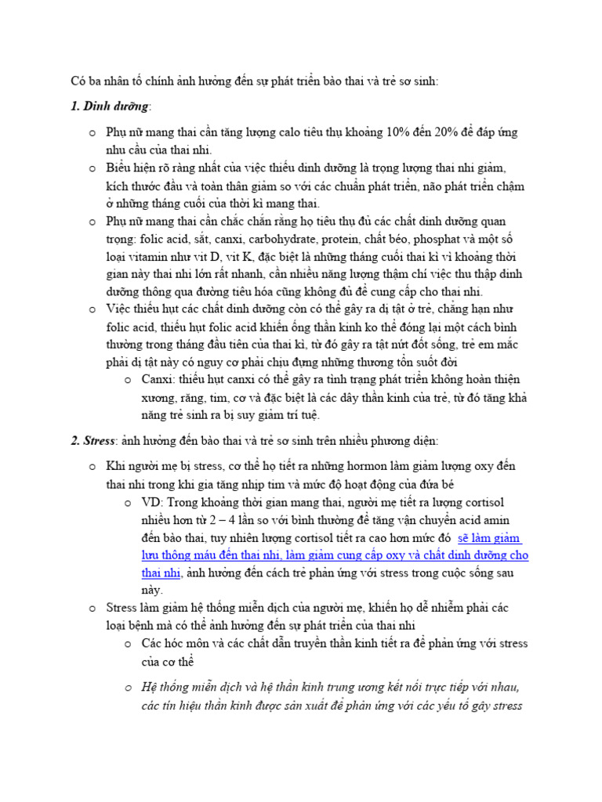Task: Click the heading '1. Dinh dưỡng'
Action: click(109, 107)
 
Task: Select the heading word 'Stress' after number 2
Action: click(99, 441)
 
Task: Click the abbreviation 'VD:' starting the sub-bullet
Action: click(153, 503)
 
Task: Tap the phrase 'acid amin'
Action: click(502, 521)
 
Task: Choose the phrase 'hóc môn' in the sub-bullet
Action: click(187, 644)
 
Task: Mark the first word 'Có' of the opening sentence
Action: click(78, 81)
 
